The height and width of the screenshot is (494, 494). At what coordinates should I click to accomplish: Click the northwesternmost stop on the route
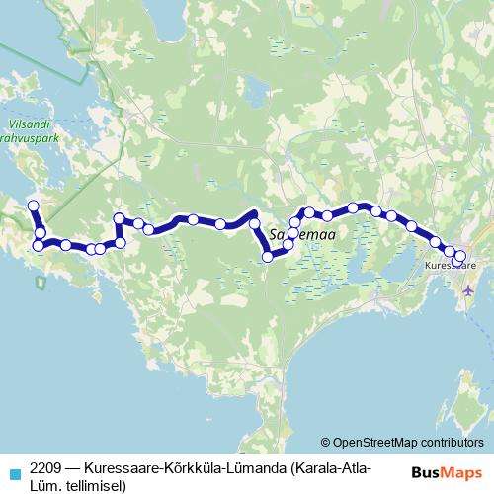tap(33, 206)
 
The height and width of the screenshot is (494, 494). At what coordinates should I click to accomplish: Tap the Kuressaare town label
tap(450, 266)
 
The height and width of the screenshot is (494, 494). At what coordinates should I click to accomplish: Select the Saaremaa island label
tap(304, 234)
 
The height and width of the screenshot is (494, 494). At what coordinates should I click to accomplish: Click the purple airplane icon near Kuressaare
tap(467, 288)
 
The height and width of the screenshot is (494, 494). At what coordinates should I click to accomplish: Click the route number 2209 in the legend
tap(46, 466)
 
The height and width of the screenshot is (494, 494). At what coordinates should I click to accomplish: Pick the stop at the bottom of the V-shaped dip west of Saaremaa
tap(267, 257)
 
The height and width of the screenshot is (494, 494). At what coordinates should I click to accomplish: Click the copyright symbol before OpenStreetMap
tap(326, 443)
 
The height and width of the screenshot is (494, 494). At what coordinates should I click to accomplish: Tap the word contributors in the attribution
tap(452, 443)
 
